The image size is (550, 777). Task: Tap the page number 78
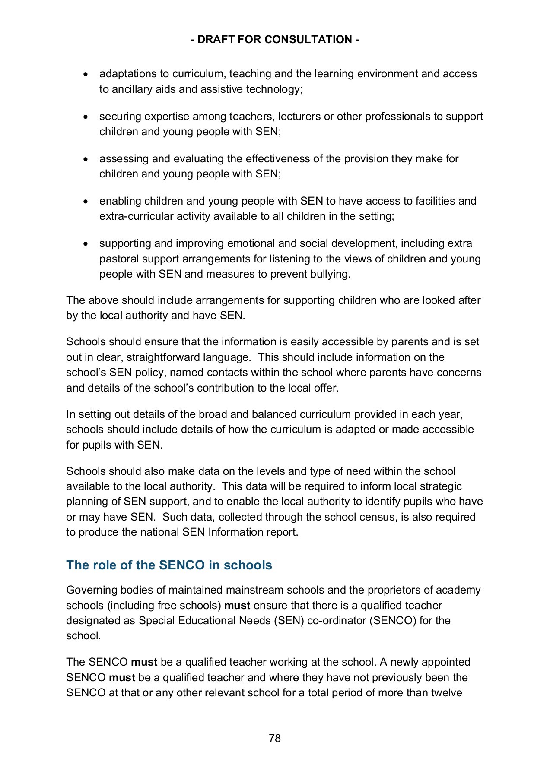275,738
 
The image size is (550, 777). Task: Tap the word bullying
331,274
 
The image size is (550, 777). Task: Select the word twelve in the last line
447,693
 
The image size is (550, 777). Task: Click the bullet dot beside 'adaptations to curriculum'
86,74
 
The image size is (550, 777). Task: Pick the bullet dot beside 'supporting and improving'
86,244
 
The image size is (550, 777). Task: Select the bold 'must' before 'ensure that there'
237,606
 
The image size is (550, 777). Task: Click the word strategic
441,486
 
